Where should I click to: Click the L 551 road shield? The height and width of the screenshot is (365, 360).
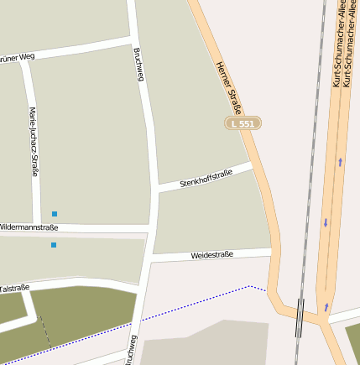pyautogui.click(x=243, y=123)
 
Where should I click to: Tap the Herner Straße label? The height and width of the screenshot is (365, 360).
pyautogui.click(x=229, y=88)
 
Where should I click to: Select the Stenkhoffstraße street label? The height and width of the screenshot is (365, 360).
pyautogui.click(x=206, y=178)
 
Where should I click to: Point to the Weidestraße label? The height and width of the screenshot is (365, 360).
pyautogui.click(x=211, y=254)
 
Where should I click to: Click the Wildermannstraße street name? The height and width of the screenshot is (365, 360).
pyautogui.click(x=29, y=227)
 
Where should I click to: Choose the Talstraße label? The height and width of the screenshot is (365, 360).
pyautogui.click(x=14, y=288)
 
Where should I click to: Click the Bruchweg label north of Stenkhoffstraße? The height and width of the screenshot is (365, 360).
pyautogui.click(x=138, y=65)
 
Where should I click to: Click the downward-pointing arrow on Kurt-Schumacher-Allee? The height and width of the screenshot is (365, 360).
pyautogui.click(x=326, y=223)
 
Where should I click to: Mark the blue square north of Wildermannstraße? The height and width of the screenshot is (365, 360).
pyautogui.click(x=55, y=214)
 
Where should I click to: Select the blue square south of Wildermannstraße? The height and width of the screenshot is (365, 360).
pyautogui.click(x=54, y=245)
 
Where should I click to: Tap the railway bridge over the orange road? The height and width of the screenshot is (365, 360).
pyautogui.click(x=300, y=316)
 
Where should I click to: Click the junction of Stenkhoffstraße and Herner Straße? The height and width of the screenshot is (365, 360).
pyautogui.click(x=252, y=164)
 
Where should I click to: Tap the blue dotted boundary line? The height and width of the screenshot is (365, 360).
pyautogui.click(x=193, y=304)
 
